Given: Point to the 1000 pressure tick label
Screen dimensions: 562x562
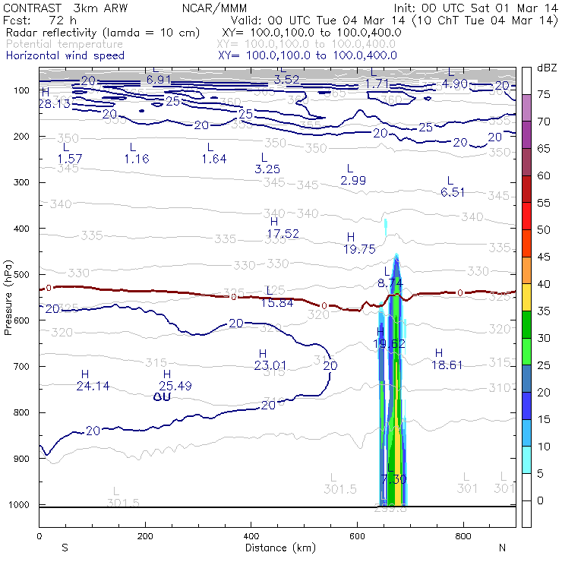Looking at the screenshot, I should [21, 504].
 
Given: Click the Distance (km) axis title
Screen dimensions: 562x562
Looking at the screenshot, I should [279, 547].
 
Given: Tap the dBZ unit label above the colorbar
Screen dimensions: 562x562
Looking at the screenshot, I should [546, 68].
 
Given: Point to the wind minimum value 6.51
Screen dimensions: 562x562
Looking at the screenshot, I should [453, 192].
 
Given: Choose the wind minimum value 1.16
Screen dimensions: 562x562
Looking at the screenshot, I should [137, 158].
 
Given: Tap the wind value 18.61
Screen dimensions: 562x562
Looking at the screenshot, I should [447, 365].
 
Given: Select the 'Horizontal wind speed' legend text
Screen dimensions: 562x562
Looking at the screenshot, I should [65, 55].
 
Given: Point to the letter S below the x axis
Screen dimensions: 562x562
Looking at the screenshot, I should [65, 547].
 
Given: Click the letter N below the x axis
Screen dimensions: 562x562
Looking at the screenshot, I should [501, 547].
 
